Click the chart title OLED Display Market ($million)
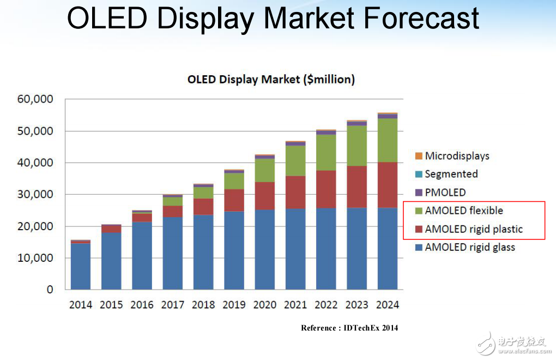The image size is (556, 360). pyautogui.click(x=271, y=80)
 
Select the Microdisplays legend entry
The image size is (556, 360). pyautogui.click(x=457, y=156)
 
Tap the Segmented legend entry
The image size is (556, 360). pyautogui.click(x=451, y=174)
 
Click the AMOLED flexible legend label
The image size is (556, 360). pyautogui.click(x=464, y=211)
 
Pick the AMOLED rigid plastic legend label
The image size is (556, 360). pyautogui.click(x=473, y=229)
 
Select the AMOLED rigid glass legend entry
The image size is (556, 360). pyautogui.click(x=470, y=247)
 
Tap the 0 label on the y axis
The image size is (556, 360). pyautogui.click(x=50, y=290)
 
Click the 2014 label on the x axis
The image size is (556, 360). pyautogui.click(x=81, y=305)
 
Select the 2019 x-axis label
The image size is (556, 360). pyautogui.click(x=234, y=305)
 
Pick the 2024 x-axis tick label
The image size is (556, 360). pyautogui.click(x=388, y=305)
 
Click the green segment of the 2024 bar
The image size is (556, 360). pyautogui.click(x=388, y=140)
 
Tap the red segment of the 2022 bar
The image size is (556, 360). pyautogui.click(x=326, y=189)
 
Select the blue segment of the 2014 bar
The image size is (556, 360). pyautogui.click(x=81, y=266)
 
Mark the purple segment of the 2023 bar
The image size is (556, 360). pyautogui.click(x=357, y=124)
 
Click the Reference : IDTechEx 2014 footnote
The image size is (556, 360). pyautogui.click(x=349, y=328)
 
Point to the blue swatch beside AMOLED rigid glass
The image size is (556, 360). pyautogui.click(x=419, y=248)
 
